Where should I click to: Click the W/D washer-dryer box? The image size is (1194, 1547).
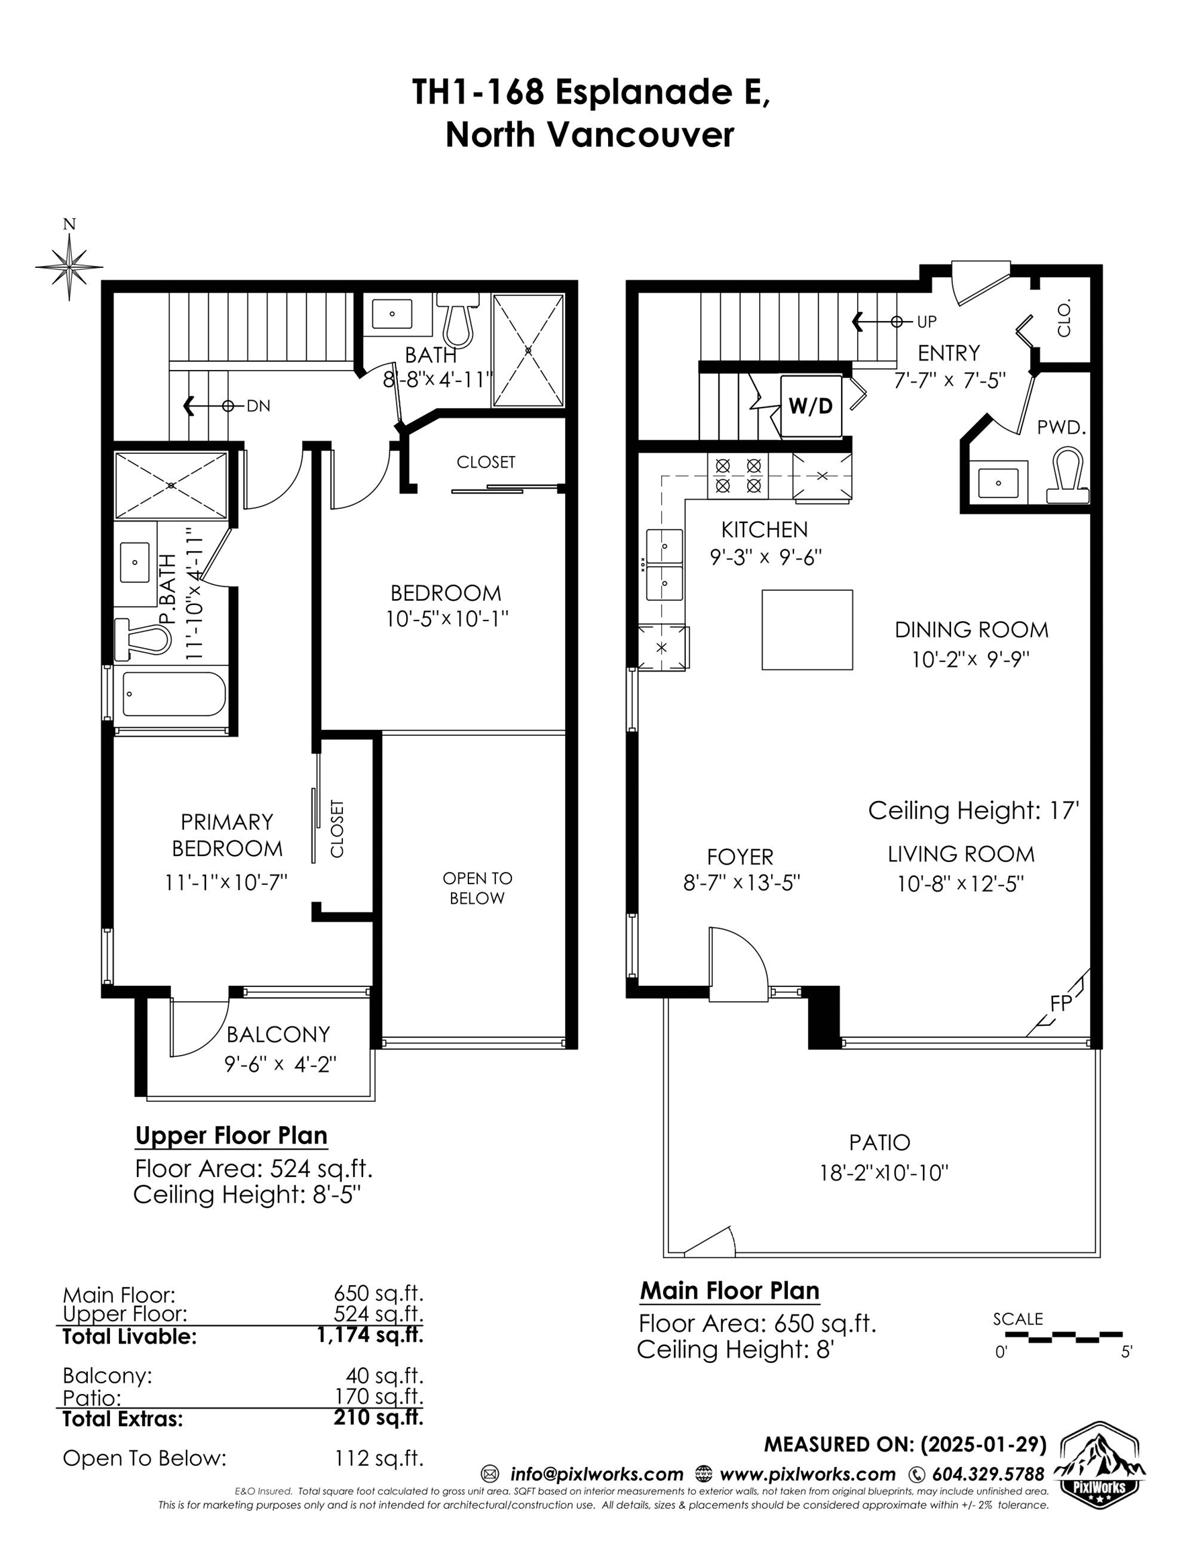pos(811,406)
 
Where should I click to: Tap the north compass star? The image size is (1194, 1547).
pos(69,267)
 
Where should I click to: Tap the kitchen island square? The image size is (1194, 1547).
pos(807,630)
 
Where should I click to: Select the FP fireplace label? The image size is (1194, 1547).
pos(1061,1004)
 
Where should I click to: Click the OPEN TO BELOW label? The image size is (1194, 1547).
pos(477,888)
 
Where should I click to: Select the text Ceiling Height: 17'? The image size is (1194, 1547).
pos(974,810)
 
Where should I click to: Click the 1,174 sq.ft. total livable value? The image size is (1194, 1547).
pos(370,1335)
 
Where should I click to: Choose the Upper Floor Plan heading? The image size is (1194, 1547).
pos(232,1135)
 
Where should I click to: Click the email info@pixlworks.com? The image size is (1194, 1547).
pos(596,1474)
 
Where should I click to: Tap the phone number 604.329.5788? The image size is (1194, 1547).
pos(988,1474)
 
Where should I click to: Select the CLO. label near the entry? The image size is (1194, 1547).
pos(1064,318)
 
